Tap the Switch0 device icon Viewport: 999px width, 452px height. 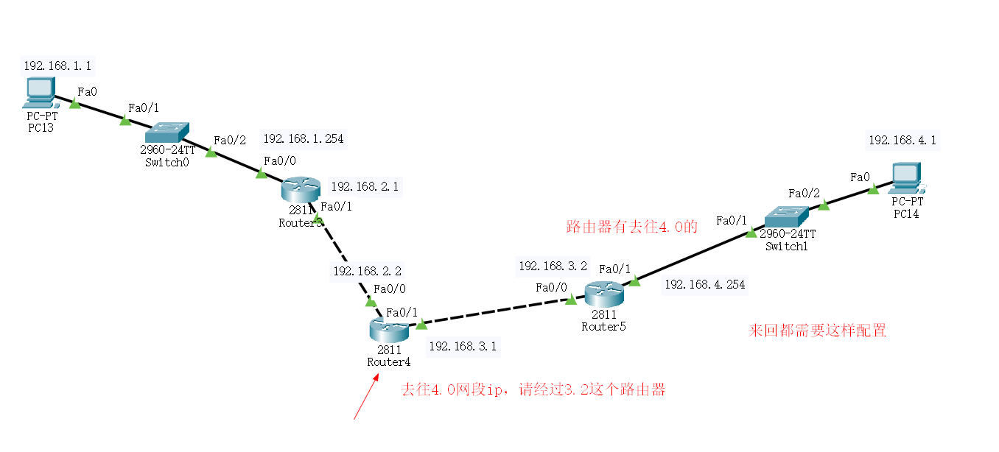point(167,133)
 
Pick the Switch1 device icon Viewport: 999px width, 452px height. point(786,217)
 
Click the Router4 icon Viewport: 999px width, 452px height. point(388,329)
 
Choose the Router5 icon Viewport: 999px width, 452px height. point(603,294)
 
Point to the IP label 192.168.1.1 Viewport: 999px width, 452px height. point(57,66)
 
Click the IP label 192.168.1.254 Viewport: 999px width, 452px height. point(303,138)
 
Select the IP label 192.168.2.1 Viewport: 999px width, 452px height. point(364,187)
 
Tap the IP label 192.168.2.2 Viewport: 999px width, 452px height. point(367,271)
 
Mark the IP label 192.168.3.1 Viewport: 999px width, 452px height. point(463,346)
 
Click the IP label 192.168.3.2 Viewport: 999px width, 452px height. point(553,266)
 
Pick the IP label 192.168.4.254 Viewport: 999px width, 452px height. point(705,284)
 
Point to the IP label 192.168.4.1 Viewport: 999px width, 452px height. point(902,140)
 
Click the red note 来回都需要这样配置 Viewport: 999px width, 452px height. point(817,331)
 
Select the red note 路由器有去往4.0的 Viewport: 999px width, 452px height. point(631,227)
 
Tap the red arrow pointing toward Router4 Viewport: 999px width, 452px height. point(366,398)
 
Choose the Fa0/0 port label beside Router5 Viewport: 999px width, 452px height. point(551,287)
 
